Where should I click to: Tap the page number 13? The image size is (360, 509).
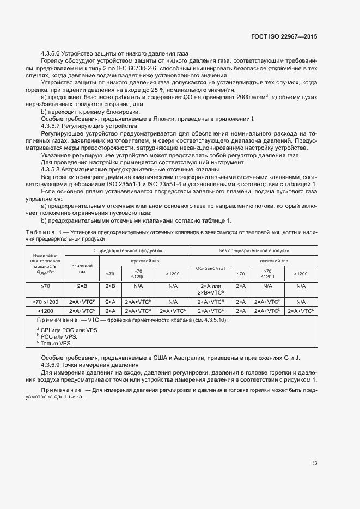click(x=314, y=464)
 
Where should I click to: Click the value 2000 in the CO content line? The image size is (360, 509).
click(x=246, y=97)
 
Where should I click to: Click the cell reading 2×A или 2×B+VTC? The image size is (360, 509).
click(x=210, y=289)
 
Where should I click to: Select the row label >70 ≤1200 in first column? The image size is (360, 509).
click(x=45, y=301)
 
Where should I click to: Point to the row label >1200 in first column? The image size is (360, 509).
click(x=45, y=310)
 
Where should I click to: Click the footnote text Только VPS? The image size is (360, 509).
click(x=56, y=343)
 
